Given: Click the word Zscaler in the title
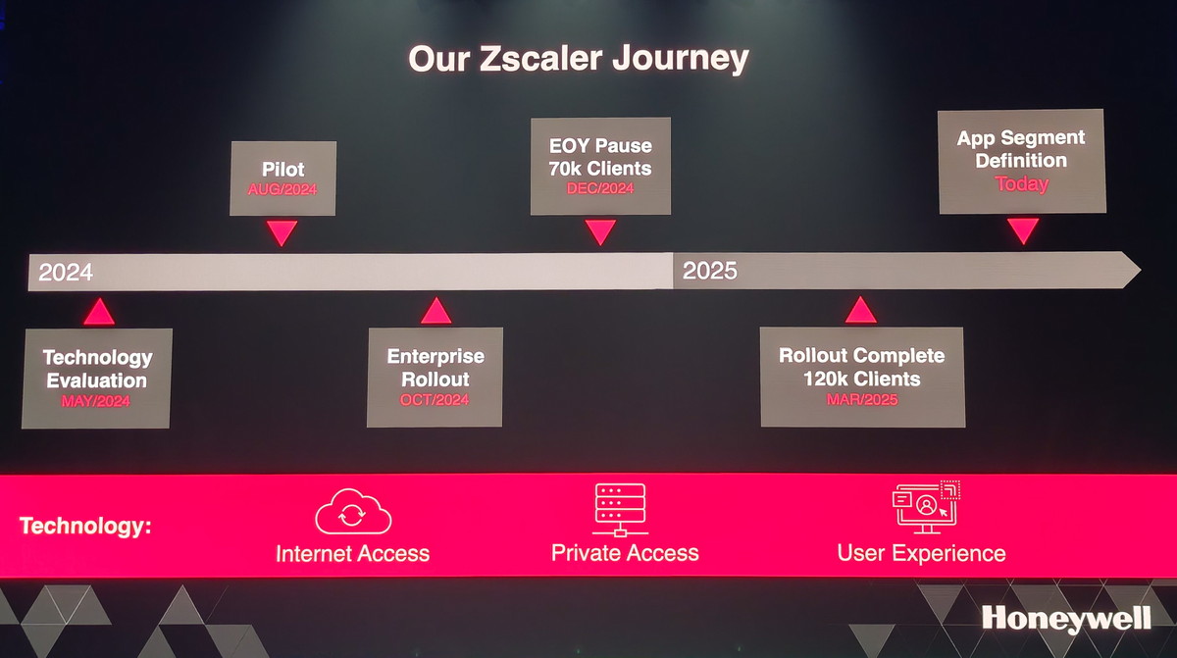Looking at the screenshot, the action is [540, 58].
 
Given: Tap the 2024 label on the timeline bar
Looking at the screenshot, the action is [66, 272].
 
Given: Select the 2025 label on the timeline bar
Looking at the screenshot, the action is [709, 271].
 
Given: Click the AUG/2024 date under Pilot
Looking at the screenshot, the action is [282, 189].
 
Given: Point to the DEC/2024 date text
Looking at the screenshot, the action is [600, 188].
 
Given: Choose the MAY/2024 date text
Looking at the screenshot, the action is [96, 401].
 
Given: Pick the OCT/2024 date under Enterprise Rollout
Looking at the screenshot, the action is [435, 400].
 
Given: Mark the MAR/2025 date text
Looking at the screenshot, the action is [862, 400].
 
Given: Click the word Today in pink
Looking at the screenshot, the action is [1021, 183].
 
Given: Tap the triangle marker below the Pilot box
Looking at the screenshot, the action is [281, 231].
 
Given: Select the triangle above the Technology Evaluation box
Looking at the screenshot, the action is [99, 314].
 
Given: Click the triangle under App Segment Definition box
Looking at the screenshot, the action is [1023, 228].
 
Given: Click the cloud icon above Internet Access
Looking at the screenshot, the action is [353, 512].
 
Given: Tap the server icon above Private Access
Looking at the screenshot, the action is [620, 509].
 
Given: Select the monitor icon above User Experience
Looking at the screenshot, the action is [926, 507].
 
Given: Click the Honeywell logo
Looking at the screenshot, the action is [1066, 619].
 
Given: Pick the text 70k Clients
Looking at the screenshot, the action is [600, 169].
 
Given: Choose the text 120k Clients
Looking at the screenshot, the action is [862, 379].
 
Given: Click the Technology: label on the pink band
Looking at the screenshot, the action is [85, 527].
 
